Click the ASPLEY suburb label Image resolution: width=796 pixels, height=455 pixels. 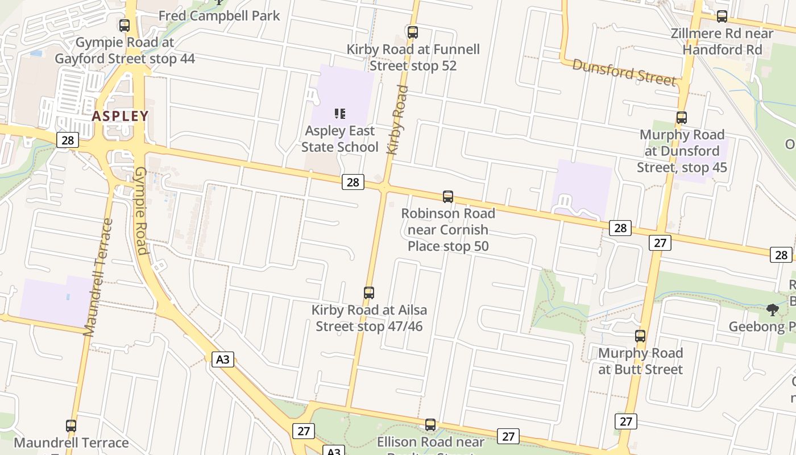point(120,116)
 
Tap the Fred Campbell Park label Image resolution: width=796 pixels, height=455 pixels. point(219,15)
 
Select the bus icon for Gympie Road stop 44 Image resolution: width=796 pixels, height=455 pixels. point(125,26)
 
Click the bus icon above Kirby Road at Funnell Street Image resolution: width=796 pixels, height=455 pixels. point(413,32)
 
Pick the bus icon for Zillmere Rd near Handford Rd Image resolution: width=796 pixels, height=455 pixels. point(722,16)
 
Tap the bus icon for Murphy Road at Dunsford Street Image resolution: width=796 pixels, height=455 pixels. point(682,118)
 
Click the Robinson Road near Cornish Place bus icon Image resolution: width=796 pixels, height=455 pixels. point(448,197)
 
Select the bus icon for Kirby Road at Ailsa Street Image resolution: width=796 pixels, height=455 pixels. point(369,293)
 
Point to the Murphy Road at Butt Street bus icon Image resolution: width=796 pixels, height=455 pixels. point(640,336)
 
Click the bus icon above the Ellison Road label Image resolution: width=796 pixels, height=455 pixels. point(430,425)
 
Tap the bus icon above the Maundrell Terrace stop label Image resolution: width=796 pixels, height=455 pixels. point(71,425)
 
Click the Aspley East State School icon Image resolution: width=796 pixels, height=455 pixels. point(340,114)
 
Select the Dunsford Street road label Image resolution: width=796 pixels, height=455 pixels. point(624,72)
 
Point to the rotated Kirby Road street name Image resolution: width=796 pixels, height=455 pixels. point(397,119)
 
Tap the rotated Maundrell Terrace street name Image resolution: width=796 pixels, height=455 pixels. point(98,278)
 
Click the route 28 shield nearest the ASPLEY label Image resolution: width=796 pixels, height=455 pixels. point(67,140)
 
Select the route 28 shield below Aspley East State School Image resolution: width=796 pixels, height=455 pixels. point(353,182)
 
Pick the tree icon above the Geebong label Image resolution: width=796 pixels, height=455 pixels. point(772,310)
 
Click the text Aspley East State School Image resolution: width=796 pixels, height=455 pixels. point(340,139)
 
